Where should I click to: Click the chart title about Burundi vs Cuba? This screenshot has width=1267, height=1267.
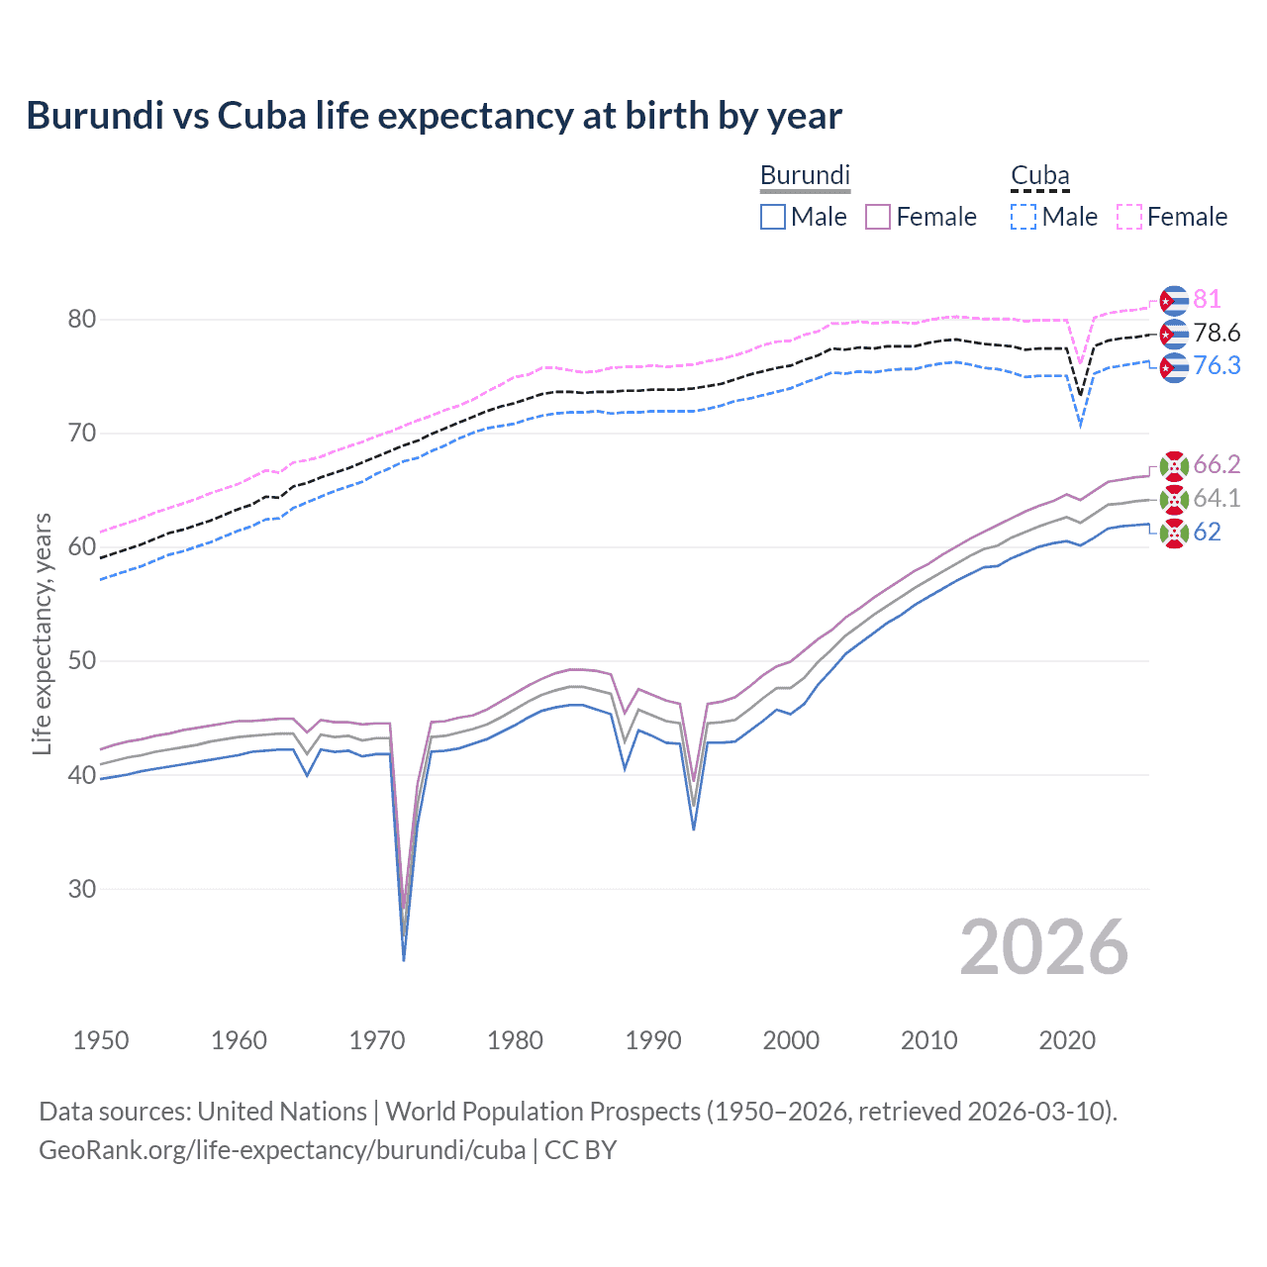click(x=434, y=116)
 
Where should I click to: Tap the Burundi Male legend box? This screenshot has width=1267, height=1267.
click(x=773, y=217)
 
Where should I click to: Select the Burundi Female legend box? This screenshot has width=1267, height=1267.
click(x=878, y=217)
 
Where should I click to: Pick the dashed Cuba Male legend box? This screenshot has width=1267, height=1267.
click(x=1023, y=217)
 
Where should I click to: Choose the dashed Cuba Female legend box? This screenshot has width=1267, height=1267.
click(x=1129, y=217)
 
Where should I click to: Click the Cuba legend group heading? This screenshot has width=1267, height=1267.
click(x=1039, y=176)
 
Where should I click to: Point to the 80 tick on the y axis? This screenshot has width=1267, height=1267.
click(x=82, y=319)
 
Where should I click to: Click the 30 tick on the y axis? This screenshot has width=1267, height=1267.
click(x=82, y=889)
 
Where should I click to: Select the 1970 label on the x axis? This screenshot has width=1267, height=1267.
click(x=377, y=1040)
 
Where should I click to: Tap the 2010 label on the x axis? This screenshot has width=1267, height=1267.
click(x=928, y=1040)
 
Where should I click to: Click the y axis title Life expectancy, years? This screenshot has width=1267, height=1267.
click(x=42, y=633)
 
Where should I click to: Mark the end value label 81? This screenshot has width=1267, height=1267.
click(x=1207, y=299)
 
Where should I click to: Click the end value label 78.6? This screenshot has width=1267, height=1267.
click(x=1217, y=333)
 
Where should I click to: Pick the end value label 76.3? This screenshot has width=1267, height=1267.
click(x=1217, y=365)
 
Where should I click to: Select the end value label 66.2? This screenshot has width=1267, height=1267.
click(x=1217, y=464)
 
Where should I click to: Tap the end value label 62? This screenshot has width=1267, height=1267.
click(x=1207, y=532)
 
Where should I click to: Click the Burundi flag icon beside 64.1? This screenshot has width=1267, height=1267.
click(x=1174, y=499)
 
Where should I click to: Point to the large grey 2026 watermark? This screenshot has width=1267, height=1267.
click(x=1044, y=947)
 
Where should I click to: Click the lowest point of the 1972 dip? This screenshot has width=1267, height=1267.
click(x=404, y=959)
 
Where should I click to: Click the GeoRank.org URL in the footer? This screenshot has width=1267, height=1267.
click(x=282, y=1150)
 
